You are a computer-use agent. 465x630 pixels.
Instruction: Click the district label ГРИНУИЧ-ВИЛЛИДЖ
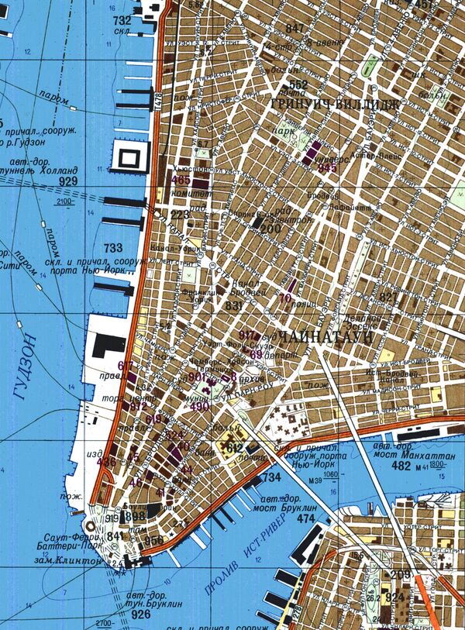(334, 102)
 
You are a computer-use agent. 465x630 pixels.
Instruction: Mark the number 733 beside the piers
(112, 248)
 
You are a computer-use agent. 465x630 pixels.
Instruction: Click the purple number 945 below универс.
(329, 167)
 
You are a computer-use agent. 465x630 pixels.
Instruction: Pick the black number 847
(294, 29)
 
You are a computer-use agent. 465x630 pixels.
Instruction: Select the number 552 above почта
(298, 85)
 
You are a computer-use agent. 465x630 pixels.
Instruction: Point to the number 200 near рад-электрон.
(270, 229)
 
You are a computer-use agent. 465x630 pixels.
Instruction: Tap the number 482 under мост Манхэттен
(401, 466)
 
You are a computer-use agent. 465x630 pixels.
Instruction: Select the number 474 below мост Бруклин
(307, 518)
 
